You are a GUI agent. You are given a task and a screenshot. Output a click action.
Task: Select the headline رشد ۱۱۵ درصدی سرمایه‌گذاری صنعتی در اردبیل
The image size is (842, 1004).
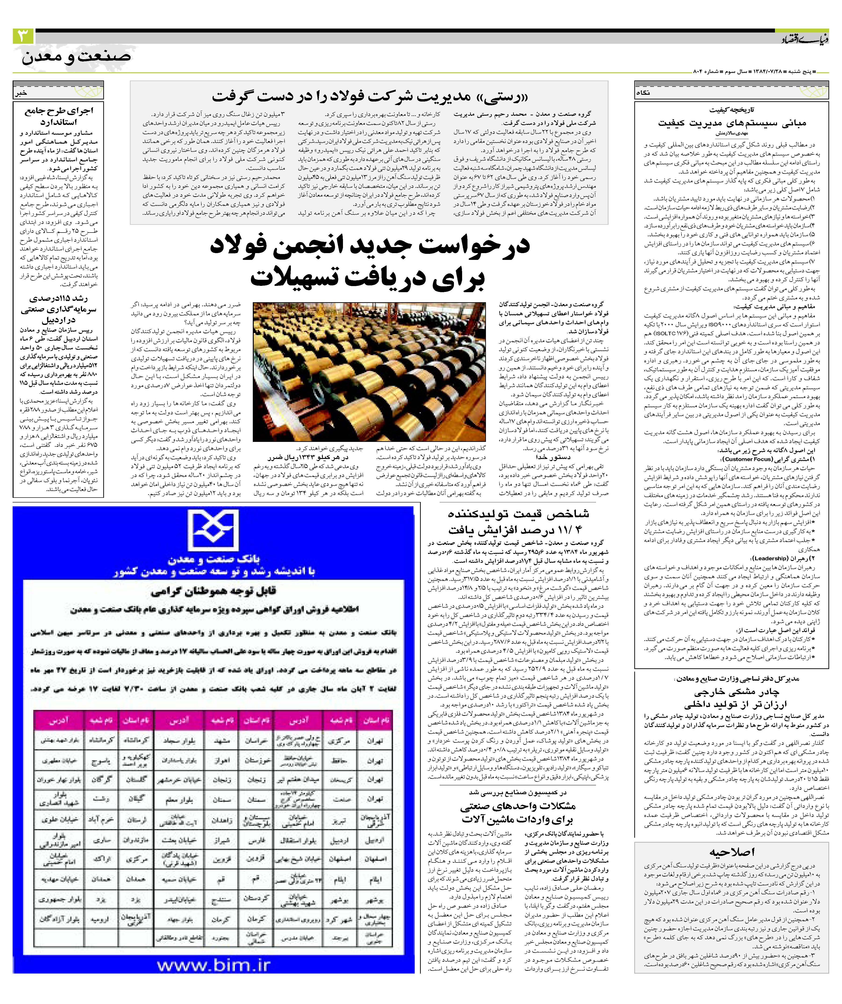click(x=58, y=309)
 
